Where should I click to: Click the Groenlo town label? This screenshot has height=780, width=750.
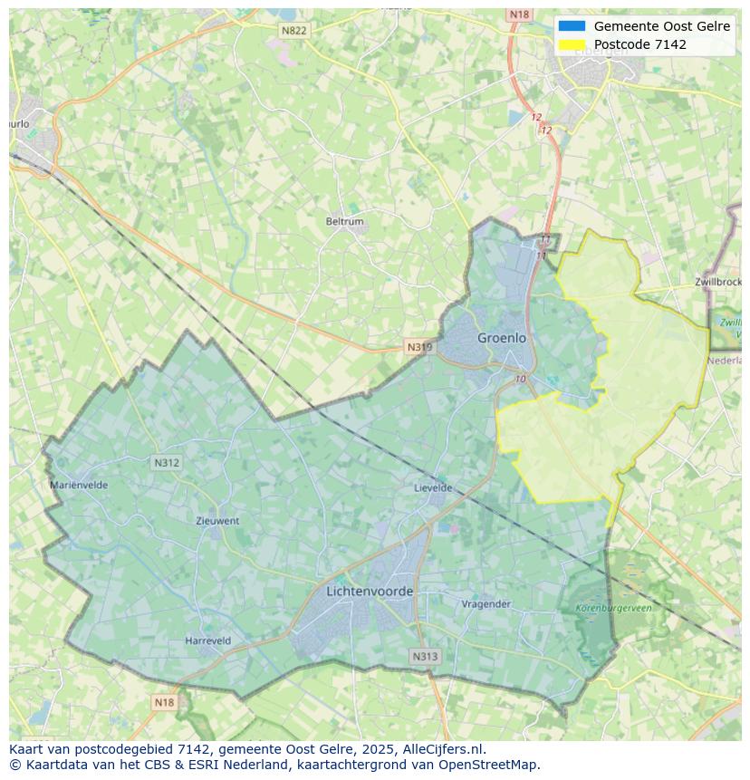click(x=502, y=338)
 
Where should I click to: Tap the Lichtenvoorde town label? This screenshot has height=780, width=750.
click(x=370, y=592)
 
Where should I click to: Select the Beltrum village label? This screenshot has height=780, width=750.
click(x=344, y=221)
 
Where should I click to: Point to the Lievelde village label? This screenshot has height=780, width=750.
click(x=433, y=487)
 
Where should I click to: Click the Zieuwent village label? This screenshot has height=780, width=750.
click(x=217, y=521)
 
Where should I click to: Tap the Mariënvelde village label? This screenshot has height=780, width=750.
click(x=79, y=485)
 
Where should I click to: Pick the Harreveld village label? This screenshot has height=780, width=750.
click(x=207, y=640)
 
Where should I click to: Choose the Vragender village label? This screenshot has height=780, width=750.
click(x=486, y=604)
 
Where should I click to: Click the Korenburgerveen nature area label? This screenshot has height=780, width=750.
click(x=613, y=609)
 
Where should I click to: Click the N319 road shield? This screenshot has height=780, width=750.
click(x=419, y=347)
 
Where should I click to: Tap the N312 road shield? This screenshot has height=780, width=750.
click(x=167, y=463)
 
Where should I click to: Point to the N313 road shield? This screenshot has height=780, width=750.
click(x=425, y=657)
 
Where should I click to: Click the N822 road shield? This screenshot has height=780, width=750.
click(x=293, y=30)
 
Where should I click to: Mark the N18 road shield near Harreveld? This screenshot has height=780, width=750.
click(x=164, y=702)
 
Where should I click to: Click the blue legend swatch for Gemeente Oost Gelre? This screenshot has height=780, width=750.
click(x=572, y=26)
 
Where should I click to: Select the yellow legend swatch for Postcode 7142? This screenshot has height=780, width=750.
click(x=572, y=44)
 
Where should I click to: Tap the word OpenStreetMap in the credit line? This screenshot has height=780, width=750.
click(x=487, y=765)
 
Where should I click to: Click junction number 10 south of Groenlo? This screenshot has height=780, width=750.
click(x=520, y=379)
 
